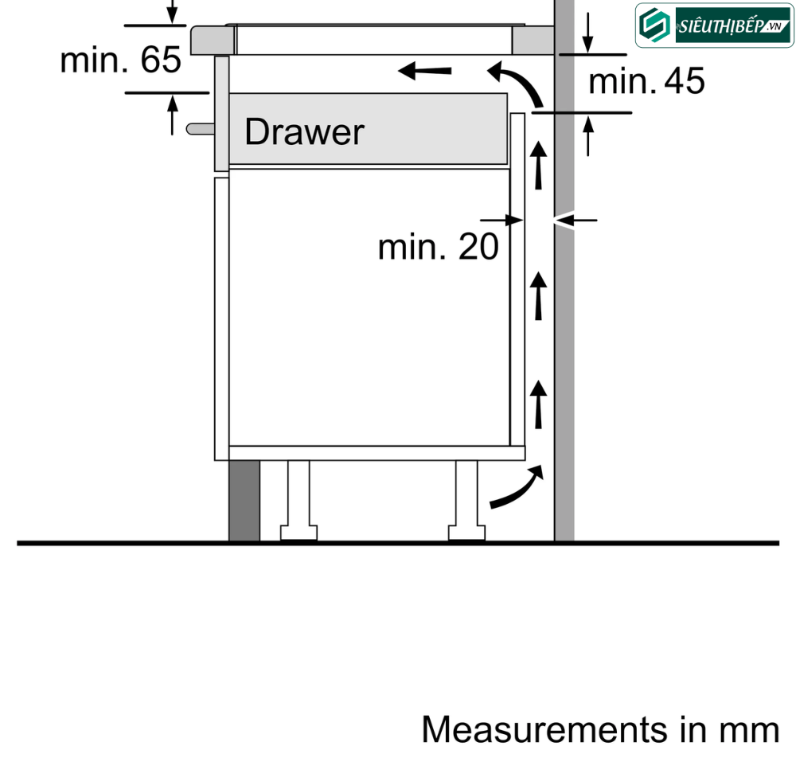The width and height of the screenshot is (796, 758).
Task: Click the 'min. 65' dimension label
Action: pyautogui.click(x=120, y=60)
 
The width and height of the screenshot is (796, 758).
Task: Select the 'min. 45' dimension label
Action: pyautogui.click(x=646, y=81)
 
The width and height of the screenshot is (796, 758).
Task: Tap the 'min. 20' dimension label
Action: pyautogui.click(x=438, y=247)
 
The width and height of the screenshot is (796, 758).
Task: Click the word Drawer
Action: pyautogui.click(x=304, y=132)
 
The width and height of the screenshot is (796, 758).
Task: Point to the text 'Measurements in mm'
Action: pyautogui.click(x=600, y=729)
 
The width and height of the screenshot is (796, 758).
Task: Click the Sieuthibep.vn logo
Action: pyautogui.click(x=714, y=25)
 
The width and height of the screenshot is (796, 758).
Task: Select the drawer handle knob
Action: pyautogui.click(x=200, y=129)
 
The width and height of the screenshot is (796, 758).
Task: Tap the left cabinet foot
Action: pyautogui.click(x=298, y=501)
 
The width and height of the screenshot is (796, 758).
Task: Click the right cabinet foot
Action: pyautogui.click(x=466, y=501)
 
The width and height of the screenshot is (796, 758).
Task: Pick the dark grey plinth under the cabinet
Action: pyautogui.click(x=244, y=501)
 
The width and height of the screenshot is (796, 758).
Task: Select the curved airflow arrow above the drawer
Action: pyautogui.click(x=521, y=80)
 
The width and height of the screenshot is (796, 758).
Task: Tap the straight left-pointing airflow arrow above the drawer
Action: pyautogui.click(x=424, y=71)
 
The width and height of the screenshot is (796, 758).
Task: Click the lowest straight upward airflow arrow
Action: pyautogui.click(x=538, y=404)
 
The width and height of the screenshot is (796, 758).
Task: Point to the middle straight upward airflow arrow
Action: pyautogui.click(x=538, y=296)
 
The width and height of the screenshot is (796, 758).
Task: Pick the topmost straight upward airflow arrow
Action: pyautogui.click(x=538, y=166)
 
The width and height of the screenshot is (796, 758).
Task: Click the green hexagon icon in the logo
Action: pyautogui.click(x=654, y=25)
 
